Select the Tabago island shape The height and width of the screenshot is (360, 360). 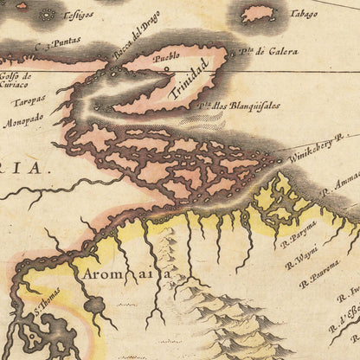pos(258,13)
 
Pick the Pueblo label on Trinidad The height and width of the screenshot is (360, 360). pos(165,56)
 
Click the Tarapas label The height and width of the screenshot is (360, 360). pos(28,100)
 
